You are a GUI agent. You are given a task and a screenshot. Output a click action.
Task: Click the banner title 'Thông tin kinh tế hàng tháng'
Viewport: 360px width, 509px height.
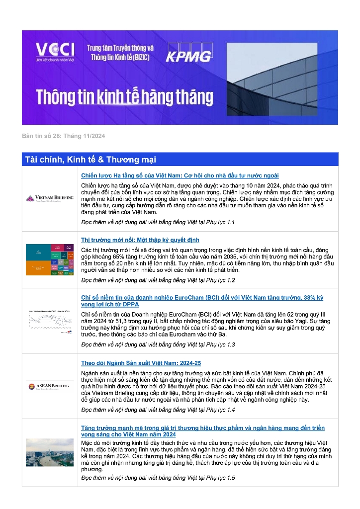(x=117, y=96)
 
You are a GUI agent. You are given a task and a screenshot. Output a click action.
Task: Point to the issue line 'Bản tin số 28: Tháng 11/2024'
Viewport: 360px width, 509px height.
(x=63, y=136)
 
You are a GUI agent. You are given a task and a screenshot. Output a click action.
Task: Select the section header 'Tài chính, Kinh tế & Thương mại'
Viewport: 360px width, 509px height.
(x=90, y=160)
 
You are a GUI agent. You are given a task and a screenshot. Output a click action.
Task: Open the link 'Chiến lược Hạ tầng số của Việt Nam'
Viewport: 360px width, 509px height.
(x=180, y=175)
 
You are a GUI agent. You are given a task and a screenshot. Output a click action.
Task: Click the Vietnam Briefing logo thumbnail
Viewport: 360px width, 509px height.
(x=50, y=198)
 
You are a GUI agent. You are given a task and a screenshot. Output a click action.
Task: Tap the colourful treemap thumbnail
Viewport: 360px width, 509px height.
(x=50, y=259)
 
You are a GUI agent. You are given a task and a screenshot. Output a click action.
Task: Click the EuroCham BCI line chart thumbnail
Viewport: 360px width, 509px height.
(x=50, y=321)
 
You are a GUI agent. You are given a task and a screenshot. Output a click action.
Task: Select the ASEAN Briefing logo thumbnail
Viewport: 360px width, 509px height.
(x=50, y=386)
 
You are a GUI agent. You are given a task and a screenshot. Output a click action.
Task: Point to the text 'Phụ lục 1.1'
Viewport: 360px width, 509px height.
(x=220, y=222)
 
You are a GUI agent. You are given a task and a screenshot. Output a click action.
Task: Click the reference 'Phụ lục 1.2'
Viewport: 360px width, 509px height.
(x=220, y=280)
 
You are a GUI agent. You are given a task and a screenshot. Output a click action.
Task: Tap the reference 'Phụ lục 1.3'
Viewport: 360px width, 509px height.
(x=220, y=344)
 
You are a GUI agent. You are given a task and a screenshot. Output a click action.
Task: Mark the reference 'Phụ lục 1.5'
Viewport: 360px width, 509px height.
(x=220, y=478)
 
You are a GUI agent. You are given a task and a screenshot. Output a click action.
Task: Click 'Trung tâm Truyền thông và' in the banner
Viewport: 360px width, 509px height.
(x=120, y=48)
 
